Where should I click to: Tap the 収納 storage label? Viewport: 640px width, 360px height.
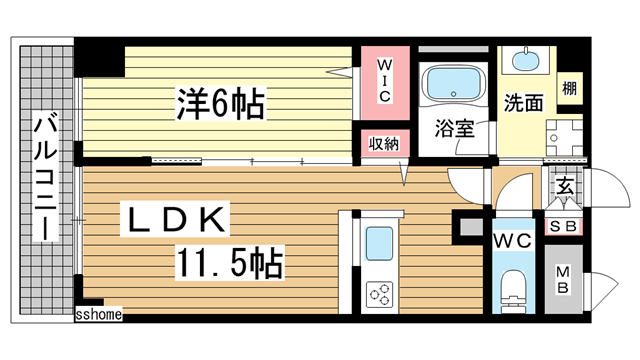(x=385, y=143)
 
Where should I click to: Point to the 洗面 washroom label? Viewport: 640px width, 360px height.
(x=522, y=102)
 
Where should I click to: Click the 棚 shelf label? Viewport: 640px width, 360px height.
(x=568, y=88)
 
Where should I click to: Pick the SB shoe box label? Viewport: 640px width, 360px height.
(x=563, y=226)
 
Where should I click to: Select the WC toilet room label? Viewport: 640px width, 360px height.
(x=511, y=241)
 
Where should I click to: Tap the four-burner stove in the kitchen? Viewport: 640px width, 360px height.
(x=381, y=293)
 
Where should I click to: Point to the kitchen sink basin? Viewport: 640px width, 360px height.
(x=379, y=244)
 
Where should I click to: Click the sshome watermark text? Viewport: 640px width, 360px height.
(x=98, y=315)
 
